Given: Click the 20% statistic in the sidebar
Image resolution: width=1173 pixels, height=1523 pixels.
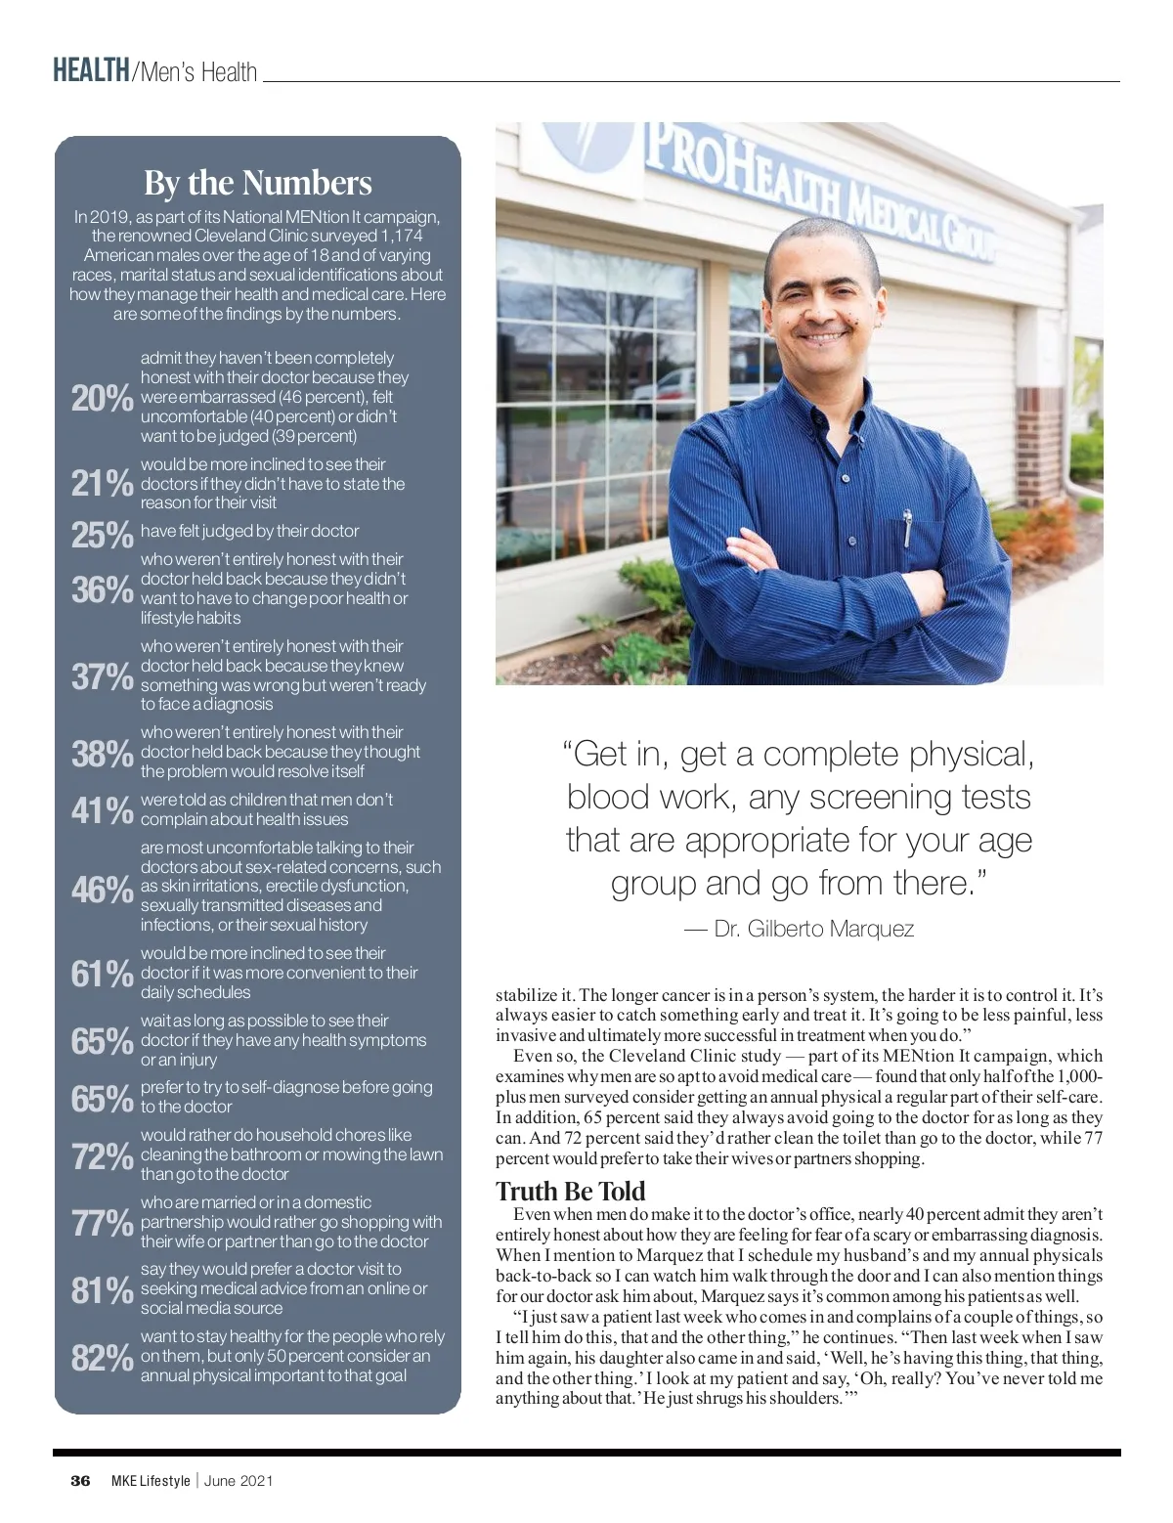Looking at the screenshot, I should pyautogui.click(x=102, y=398).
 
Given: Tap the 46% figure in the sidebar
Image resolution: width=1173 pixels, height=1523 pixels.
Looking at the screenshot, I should pyautogui.click(x=102, y=890).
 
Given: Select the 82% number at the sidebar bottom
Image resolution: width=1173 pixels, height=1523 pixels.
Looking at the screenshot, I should pyautogui.click(x=102, y=1358).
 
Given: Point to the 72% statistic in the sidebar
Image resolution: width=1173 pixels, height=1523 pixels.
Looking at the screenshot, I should pyautogui.click(x=102, y=1156).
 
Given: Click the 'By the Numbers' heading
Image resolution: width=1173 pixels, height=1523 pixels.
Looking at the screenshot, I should pyautogui.click(x=258, y=183).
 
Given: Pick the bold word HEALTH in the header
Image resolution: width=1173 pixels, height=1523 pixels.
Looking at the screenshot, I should pyautogui.click(x=91, y=71).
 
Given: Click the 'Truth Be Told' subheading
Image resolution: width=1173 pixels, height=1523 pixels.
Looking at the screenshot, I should pyautogui.click(x=571, y=1191).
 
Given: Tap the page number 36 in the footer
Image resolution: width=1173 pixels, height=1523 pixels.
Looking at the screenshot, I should pyautogui.click(x=80, y=1480).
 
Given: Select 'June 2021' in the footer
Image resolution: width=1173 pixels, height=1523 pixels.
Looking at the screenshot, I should pyautogui.click(x=239, y=1480).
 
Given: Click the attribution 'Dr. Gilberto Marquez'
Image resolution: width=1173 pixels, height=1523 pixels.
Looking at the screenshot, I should pyautogui.click(x=812, y=929).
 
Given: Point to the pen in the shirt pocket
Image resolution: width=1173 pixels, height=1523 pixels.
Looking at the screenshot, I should pyautogui.click(x=907, y=529).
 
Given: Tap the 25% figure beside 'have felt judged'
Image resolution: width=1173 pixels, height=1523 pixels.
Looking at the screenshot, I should pyautogui.click(x=102, y=534).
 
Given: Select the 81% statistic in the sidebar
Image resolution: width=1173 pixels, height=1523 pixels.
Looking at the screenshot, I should pyautogui.click(x=102, y=1290).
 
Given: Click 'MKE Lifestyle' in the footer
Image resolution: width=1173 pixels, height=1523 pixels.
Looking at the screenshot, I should pyautogui.click(x=151, y=1480).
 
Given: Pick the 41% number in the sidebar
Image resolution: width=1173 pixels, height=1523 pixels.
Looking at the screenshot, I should pyautogui.click(x=102, y=810).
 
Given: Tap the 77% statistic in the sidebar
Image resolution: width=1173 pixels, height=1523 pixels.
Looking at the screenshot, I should pyautogui.click(x=102, y=1223).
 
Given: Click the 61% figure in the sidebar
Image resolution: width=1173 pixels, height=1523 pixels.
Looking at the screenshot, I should pyautogui.click(x=102, y=974).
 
